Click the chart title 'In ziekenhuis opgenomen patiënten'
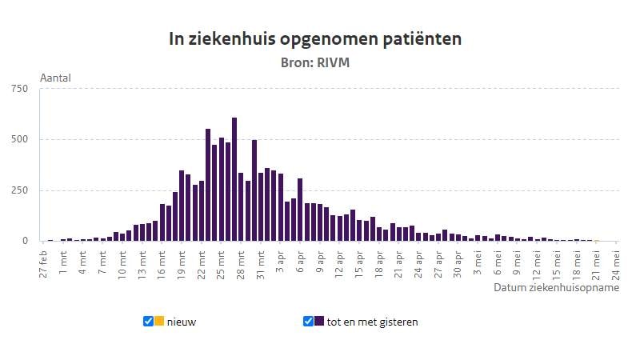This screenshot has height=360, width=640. (x=315, y=38)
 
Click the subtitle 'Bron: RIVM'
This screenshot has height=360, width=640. (x=315, y=62)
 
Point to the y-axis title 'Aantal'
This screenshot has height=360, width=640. (x=55, y=78)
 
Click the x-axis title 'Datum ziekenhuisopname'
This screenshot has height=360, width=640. (x=556, y=287)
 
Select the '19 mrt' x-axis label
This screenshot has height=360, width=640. (x=182, y=262)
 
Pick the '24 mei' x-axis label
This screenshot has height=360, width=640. (x=615, y=262)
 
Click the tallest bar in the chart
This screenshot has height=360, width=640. (x=234, y=179)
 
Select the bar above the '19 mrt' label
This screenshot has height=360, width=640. (x=182, y=206)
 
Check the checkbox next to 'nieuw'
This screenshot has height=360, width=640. (x=148, y=322)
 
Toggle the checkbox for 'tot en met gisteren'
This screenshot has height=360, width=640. (x=308, y=322)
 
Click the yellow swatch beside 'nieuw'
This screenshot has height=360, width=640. (x=159, y=322)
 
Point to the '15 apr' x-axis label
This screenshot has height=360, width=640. (x=359, y=262)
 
